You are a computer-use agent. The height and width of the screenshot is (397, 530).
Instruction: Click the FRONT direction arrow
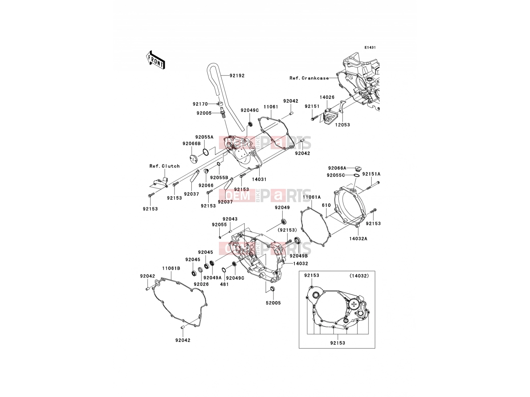[155, 60]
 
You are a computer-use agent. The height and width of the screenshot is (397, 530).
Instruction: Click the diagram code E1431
[370, 48]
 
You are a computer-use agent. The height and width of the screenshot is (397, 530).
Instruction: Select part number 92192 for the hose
[237, 76]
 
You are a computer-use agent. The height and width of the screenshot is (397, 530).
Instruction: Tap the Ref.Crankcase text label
[309, 78]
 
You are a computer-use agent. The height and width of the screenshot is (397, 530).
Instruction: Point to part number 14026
[327, 97]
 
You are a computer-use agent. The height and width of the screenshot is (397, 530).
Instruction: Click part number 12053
[343, 125]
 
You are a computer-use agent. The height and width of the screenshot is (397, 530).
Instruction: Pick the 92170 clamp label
[200, 104]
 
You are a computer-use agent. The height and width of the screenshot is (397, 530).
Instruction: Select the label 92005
[204, 113]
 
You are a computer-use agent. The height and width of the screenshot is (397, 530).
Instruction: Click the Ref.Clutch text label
[164, 166]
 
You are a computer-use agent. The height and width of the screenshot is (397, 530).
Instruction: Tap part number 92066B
[191, 144]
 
